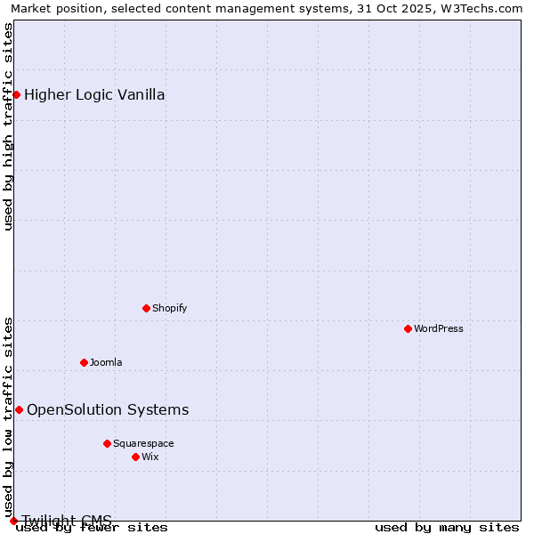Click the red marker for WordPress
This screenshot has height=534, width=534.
[x=408, y=328]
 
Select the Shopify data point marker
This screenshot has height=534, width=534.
[x=146, y=308]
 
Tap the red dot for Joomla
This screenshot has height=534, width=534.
[x=84, y=362]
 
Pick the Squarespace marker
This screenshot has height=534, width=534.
[x=107, y=443]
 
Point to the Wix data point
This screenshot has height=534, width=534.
[x=135, y=457]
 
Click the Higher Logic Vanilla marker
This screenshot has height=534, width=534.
[x=16, y=94]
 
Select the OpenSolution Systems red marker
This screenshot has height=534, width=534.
[x=19, y=409]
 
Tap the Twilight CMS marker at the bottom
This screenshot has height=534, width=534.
[x=13, y=521]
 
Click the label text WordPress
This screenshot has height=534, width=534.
[x=439, y=328]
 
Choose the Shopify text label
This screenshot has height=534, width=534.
[x=169, y=308]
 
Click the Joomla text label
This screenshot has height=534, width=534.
[x=106, y=362]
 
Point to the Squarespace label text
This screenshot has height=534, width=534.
[x=143, y=443]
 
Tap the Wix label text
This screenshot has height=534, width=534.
[x=150, y=457]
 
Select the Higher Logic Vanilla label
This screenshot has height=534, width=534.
[x=94, y=95]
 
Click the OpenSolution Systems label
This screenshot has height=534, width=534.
[x=108, y=409]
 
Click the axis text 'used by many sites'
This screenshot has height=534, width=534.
[x=447, y=527]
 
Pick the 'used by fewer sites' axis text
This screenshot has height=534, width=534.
[x=92, y=527]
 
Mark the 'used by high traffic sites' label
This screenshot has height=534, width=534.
[x=8, y=127]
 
